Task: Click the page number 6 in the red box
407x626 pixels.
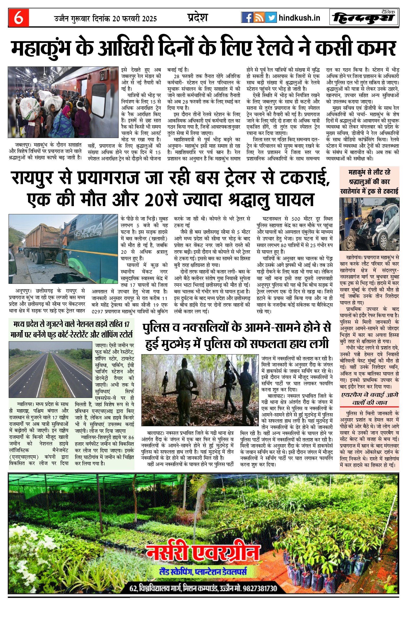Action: [18, 18]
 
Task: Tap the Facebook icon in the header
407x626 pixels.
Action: [247, 17]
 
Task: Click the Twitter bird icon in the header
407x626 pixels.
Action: [271, 17]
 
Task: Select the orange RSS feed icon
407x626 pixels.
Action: [259, 17]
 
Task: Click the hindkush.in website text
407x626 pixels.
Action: [299, 18]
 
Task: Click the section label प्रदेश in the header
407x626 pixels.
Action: [197, 17]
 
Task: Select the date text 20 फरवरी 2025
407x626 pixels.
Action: [135, 19]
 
